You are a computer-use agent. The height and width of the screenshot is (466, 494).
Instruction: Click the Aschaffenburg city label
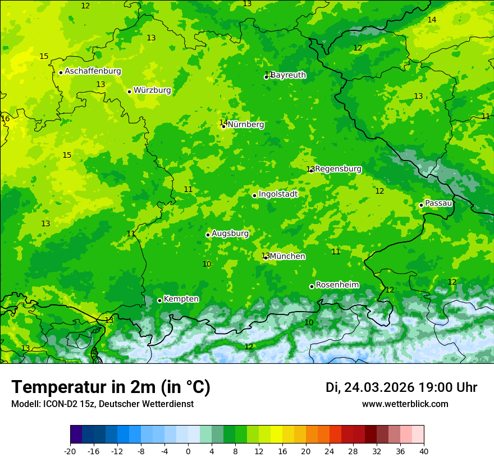pyautogui.click(x=93, y=71)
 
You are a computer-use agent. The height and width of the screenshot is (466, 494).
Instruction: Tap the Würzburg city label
pyautogui.click(x=152, y=90)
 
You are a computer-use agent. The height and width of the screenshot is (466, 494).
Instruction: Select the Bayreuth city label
pyautogui.click(x=289, y=75)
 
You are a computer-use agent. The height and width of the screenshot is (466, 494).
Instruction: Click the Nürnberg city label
pyautogui.click(x=246, y=125)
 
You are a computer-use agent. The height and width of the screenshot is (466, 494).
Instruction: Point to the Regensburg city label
pyautogui.click(x=338, y=169)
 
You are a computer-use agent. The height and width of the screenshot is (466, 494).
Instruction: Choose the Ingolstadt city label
pyautogui.click(x=278, y=194)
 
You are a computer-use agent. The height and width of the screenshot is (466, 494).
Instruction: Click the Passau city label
pyautogui.click(x=438, y=203)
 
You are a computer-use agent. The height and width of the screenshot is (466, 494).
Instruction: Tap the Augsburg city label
pyautogui.click(x=230, y=234)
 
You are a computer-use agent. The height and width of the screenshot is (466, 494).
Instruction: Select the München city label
pyautogui.click(x=287, y=257)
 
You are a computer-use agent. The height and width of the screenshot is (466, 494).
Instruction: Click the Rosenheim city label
pyautogui.click(x=337, y=285)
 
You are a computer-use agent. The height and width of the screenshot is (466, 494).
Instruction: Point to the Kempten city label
pyautogui.click(x=181, y=299)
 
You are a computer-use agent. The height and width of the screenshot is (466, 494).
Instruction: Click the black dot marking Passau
pyautogui.click(x=421, y=205)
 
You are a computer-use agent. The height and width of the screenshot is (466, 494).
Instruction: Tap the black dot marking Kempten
pyautogui.click(x=159, y=300)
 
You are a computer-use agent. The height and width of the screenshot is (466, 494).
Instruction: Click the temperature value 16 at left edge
pyautogui.click(x=6, y=119)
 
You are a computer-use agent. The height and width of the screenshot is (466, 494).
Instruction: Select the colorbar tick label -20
pyautogui.click(x=70, y=451)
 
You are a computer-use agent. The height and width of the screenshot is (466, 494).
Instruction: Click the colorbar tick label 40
pyautogui.click(x=424, y=451)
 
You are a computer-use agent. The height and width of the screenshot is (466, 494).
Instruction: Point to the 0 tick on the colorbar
pyautogui.click(x=188, y=451)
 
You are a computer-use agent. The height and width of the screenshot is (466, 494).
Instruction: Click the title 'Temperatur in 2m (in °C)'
pyautogui.click(x=111, y=387)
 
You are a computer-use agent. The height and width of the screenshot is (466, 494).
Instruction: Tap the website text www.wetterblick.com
pyautogui.click(x=405, y=404)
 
